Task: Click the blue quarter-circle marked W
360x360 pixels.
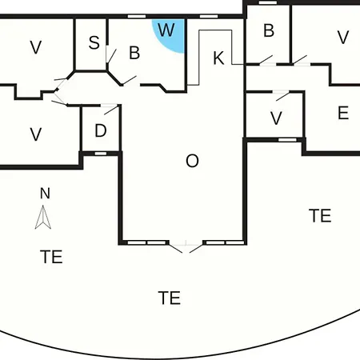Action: (170, 34)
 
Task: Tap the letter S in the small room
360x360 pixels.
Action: (94, 42)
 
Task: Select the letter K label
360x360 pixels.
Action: (218, 58)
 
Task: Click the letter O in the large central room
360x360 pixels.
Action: (192, 161)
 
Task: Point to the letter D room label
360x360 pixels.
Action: (101, 130)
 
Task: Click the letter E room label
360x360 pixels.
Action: (343, 113)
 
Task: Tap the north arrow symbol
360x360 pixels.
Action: (43, 217)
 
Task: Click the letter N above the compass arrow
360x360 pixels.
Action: (45, 194)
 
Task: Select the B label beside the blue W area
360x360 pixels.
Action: (134, 53)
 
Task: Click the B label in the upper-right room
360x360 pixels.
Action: (269, 30)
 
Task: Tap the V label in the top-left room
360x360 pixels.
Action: (36, 47)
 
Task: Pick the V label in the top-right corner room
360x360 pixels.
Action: (343, 38)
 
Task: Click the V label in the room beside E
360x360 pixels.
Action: (276, 118)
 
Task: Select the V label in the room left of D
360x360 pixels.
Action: (36, 134)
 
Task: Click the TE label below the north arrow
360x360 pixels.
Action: (51, 257)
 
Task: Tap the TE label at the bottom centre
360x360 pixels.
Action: (170, 298)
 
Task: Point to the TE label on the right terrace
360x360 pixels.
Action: (320, 216)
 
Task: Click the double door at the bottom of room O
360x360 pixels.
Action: (186, 246)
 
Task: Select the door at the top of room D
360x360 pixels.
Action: (110, 110)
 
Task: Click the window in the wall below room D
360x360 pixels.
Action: (101, 154)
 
